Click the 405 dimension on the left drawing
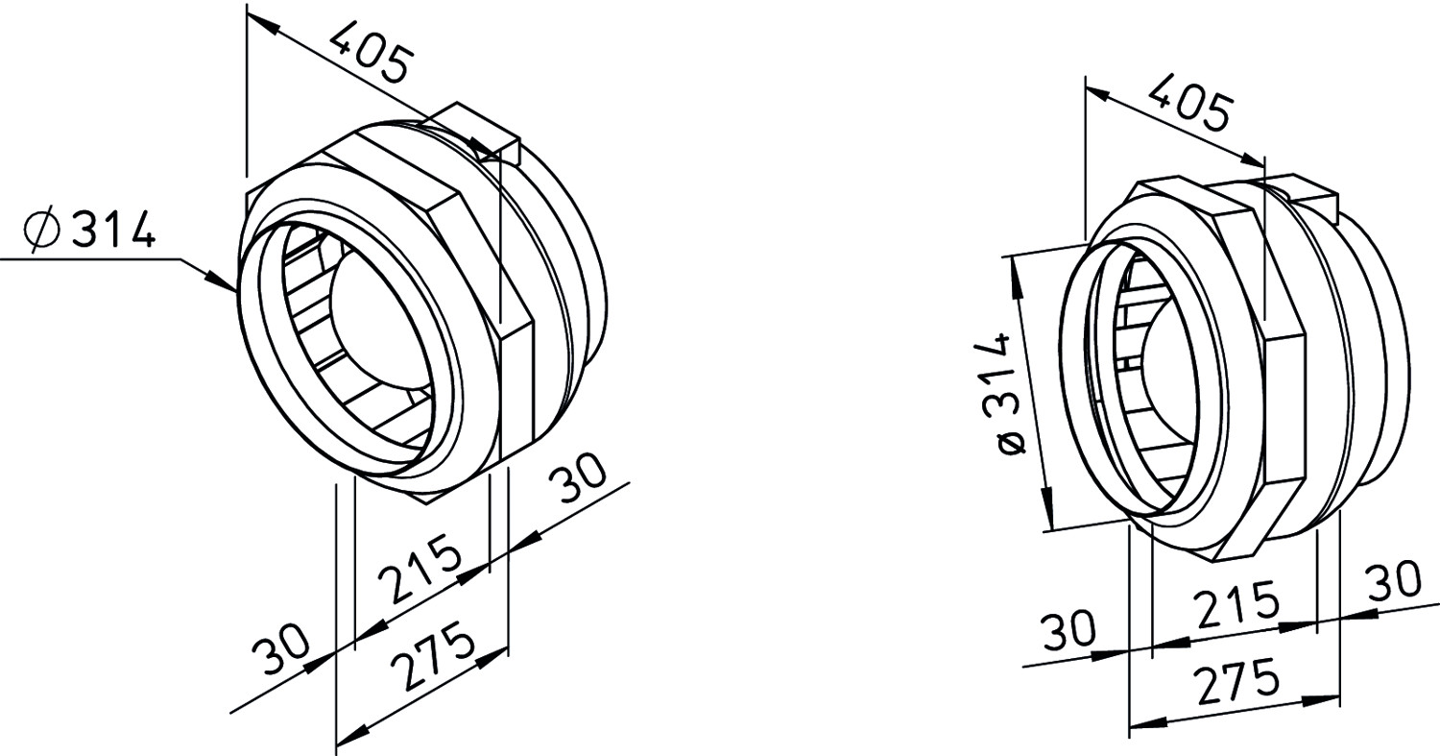(370, 53)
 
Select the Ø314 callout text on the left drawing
(89, 230)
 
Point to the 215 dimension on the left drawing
(420, 568)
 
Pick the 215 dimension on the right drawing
(1236, 604)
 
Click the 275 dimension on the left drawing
(434, 655)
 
